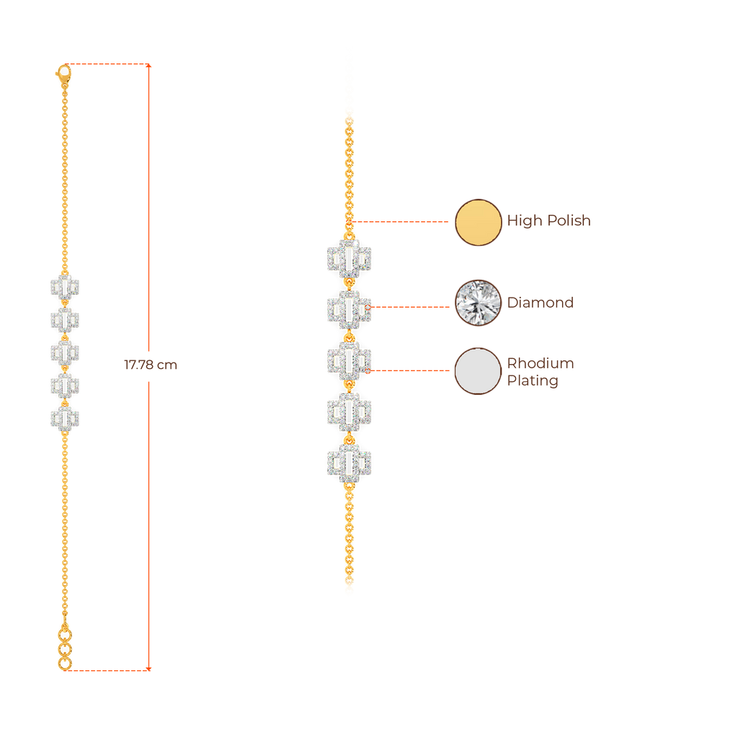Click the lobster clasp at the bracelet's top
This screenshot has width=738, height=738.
pyautogui.click(x=63, y=72)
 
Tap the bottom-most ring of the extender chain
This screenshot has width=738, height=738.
pyautogui.click(x=65, y=664)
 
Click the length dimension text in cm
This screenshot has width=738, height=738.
pyautogui.click(x=151, y=365)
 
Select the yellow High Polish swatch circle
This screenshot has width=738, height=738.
pyautogui.click(x=478, y=222)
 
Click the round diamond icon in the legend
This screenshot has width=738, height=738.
pyautogui.click(x=478, y=303)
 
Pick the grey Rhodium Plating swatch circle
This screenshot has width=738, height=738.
pyautogui.click(x=478, y=371)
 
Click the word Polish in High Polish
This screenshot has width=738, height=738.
pyautogui.click(x=568, y=221)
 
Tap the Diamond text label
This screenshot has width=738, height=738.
pyautogui.click(x=540, y=303)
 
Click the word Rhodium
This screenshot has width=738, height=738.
pyautogui.click(x=541, y=363)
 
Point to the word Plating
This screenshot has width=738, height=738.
pyautogui.click(x=533, y=381)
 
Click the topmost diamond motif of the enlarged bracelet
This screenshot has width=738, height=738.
pyautogui.click(x=349, y=259)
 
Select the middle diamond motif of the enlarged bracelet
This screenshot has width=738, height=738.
pyautogui.click(x=349, y=360)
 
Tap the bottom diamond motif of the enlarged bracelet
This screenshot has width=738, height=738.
pyautogui.click(x=349, y=462)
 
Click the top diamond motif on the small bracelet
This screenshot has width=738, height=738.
pyautogui.click(x=65, y=287)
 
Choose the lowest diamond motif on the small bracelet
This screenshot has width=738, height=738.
pyautogui.click(x=65, y=418)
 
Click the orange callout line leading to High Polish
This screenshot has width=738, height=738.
pyautogui.click(x=400, y=222)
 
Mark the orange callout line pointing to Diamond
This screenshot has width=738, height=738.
pyautogui.click(x=411, y=306)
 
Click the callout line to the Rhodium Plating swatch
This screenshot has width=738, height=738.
pyautogui.click(x=411, y=370)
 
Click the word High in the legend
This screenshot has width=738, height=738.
pyautogui.click(x=523, y=221)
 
